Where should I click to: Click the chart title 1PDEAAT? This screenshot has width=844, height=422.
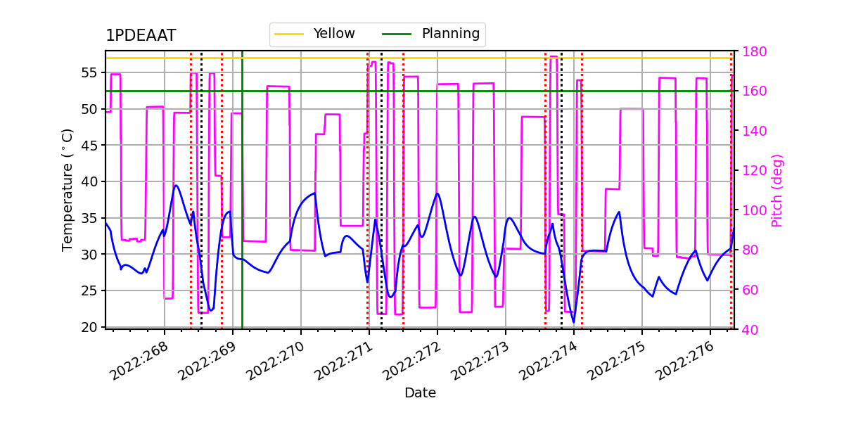pyautogui.click(x=141, y=36)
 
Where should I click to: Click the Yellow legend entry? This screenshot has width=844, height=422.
pyautogui.click(x=334, y=34)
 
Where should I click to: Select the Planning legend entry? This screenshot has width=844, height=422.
pyautogui.click(x=450, y=34)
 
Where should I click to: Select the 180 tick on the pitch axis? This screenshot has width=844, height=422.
pyautogui.click(x=750, y=51)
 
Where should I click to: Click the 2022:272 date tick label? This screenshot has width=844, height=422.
pyautogui.click(x=416, y=359)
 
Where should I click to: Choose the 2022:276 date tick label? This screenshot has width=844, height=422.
pyautogui.click(x=689, y=359)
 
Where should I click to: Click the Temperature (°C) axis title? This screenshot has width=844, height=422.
pyautogui.click(x=68, y=189)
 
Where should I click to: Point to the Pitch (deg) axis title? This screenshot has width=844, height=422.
pyautogui.click(x=776, y=190)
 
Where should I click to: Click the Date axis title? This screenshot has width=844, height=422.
pyautogui.click(x=420, y=393)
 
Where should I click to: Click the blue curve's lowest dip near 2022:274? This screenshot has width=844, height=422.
pyautogui.click(x=574, y=322)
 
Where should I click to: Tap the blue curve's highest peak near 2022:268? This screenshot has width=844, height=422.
pyautogui.click(x=176, y=186)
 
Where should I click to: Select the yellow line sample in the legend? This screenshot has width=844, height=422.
pyautogui.click(x=288, y=34)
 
